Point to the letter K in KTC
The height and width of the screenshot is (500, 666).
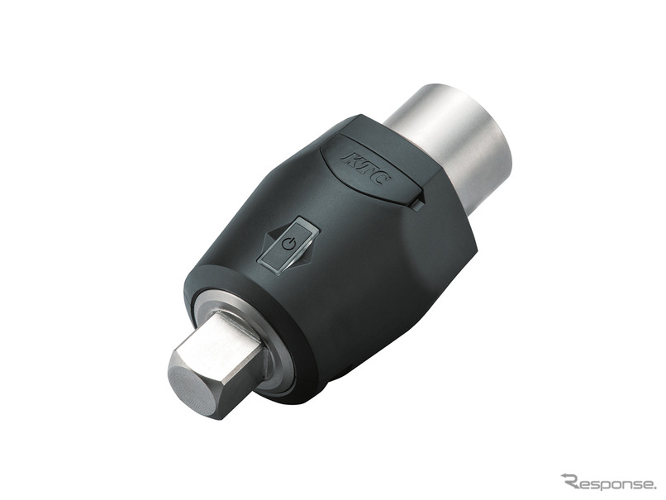pyautogui.click(x=350, y=160)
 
